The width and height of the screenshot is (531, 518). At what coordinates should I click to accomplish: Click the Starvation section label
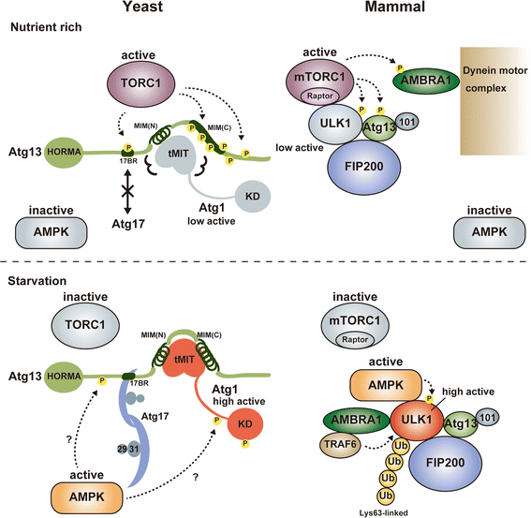coord(39,279)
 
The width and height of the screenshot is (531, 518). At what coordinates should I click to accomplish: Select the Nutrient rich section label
coord(48,29)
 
